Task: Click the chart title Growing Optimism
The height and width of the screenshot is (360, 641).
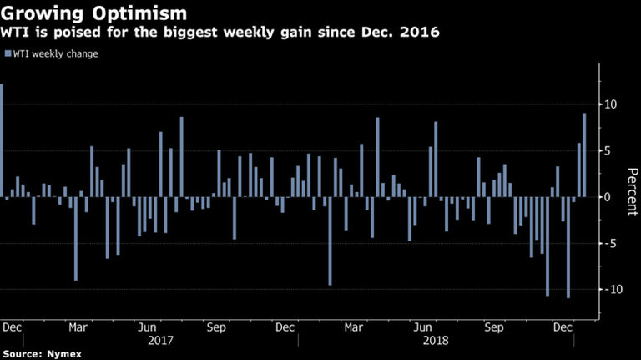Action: (93, 13)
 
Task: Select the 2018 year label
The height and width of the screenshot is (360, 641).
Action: (435, 340)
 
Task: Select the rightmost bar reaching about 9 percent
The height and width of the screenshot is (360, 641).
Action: (584, 155)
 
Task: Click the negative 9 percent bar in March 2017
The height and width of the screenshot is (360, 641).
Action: (76, 239)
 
